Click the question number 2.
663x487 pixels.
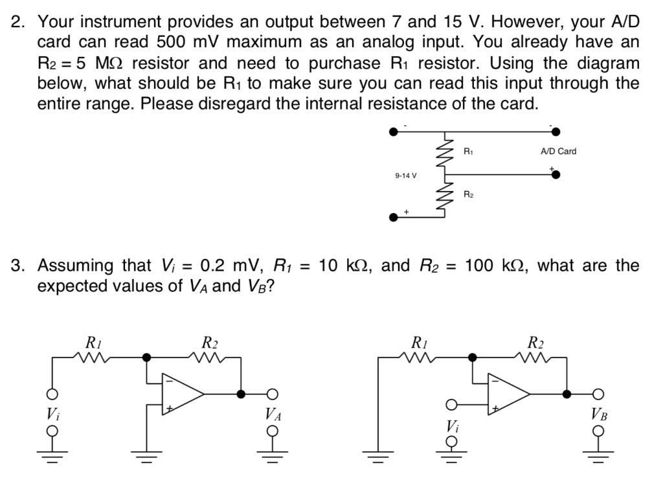[18, 22]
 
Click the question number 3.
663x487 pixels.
[18, 266]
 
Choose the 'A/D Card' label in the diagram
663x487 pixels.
[557, 151]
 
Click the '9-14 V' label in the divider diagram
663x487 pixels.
[406, 176]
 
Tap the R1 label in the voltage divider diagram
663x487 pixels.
[469, 152]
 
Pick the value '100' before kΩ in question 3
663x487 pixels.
[478, 266]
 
